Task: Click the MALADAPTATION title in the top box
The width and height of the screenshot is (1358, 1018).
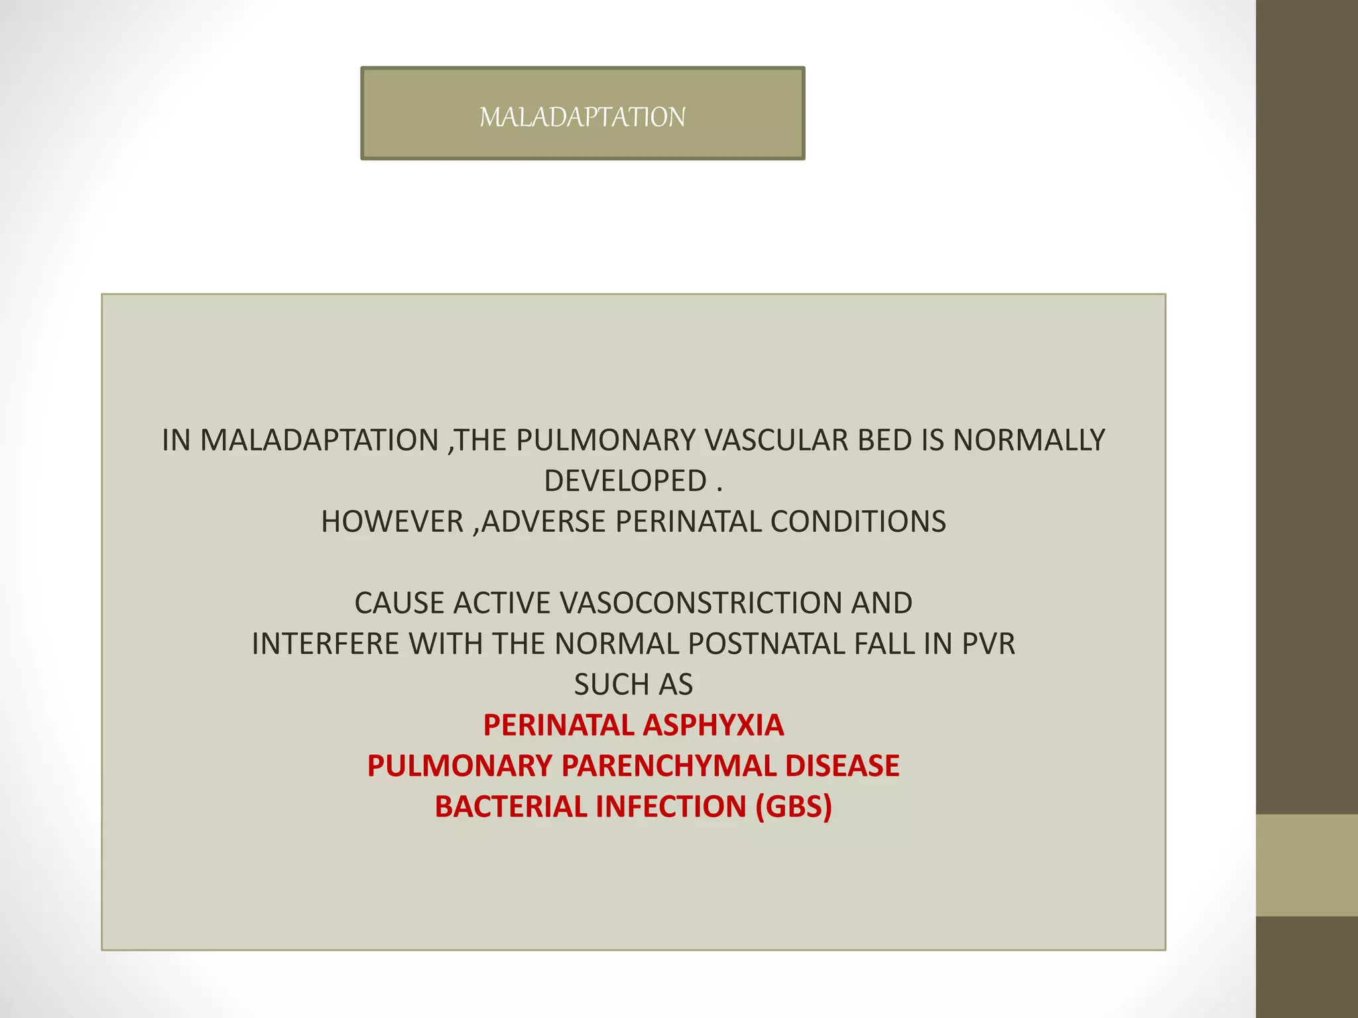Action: [582, 117]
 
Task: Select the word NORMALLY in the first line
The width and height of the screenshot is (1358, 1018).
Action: [1029, 440]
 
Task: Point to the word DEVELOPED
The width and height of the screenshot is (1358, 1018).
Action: [625, 481]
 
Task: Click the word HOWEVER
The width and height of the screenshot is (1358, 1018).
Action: [392, 522]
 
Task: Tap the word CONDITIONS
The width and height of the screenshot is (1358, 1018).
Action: [858, 522]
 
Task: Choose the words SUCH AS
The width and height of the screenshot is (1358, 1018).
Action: [633, 685]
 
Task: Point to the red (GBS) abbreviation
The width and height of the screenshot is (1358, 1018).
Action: [794, 807]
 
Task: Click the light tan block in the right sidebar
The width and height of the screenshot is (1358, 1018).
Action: [1307, 866]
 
